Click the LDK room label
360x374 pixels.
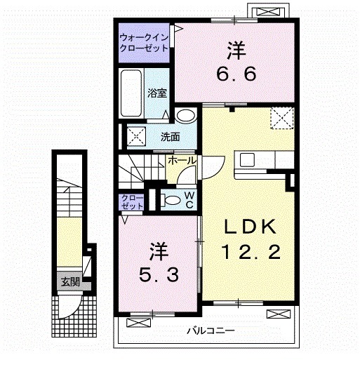click(x=251, y=227)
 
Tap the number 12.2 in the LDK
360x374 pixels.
click(x=251, y=251)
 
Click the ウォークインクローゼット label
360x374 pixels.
click(x=143, y=43)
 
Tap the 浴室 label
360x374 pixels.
click(x=156, y=91)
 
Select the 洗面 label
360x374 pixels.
click(x=170, y=136)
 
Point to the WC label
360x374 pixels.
click(x=189, y=199)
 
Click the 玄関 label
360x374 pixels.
click(x=69, y=282)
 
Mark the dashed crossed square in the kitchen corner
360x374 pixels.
click(x=282, y=118)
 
